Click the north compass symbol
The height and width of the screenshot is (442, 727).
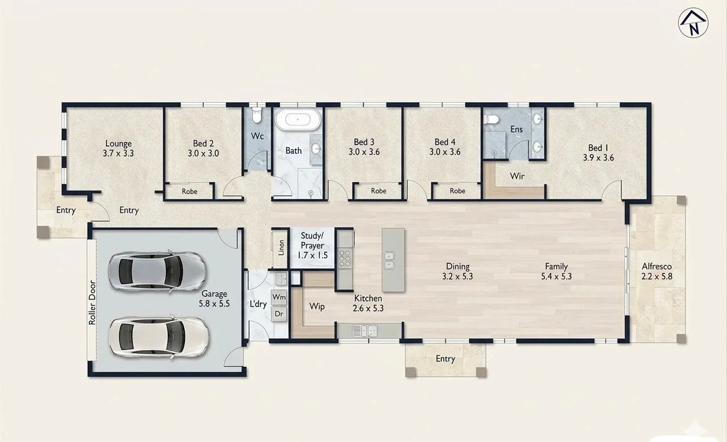694,23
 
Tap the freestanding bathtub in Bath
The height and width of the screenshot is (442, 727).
298,120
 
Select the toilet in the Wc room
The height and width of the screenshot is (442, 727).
256,116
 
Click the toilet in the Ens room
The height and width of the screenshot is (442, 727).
492,119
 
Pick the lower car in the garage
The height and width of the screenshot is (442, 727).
155,335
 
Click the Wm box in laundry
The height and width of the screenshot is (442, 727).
279,297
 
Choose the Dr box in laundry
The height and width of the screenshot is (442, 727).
279,313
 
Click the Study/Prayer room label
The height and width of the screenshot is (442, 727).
312,245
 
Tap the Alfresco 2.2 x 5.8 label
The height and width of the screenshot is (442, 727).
656,271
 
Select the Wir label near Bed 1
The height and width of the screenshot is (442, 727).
517,176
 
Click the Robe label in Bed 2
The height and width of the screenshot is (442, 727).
189,192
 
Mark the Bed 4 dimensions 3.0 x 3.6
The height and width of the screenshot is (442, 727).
445,152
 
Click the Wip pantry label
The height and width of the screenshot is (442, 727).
316,306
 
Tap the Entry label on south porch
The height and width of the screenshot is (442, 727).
445,359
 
